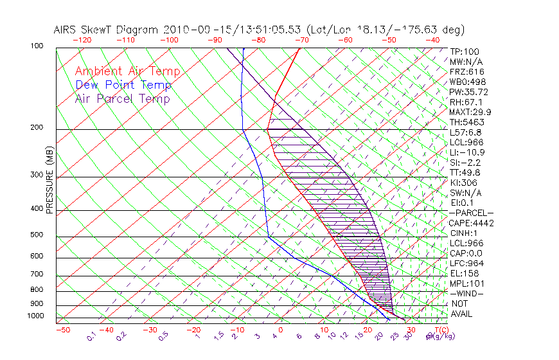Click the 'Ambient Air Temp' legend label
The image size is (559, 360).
click(x=127, y=71)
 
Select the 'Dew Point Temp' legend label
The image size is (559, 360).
click(x=123, y=85)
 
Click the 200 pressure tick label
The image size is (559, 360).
click(x=37, y=127)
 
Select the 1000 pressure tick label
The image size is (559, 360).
click(x=35, y=316)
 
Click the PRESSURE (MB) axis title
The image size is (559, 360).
click(x=50, y=179)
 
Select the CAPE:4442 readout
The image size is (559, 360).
click(x=470, y=223)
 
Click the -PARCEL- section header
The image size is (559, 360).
click(x=471, y=213)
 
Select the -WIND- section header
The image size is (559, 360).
click(x=468, y=294)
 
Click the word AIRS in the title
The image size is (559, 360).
click(x=67, y=30)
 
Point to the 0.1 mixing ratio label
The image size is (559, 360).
click(x=91, y=336)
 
